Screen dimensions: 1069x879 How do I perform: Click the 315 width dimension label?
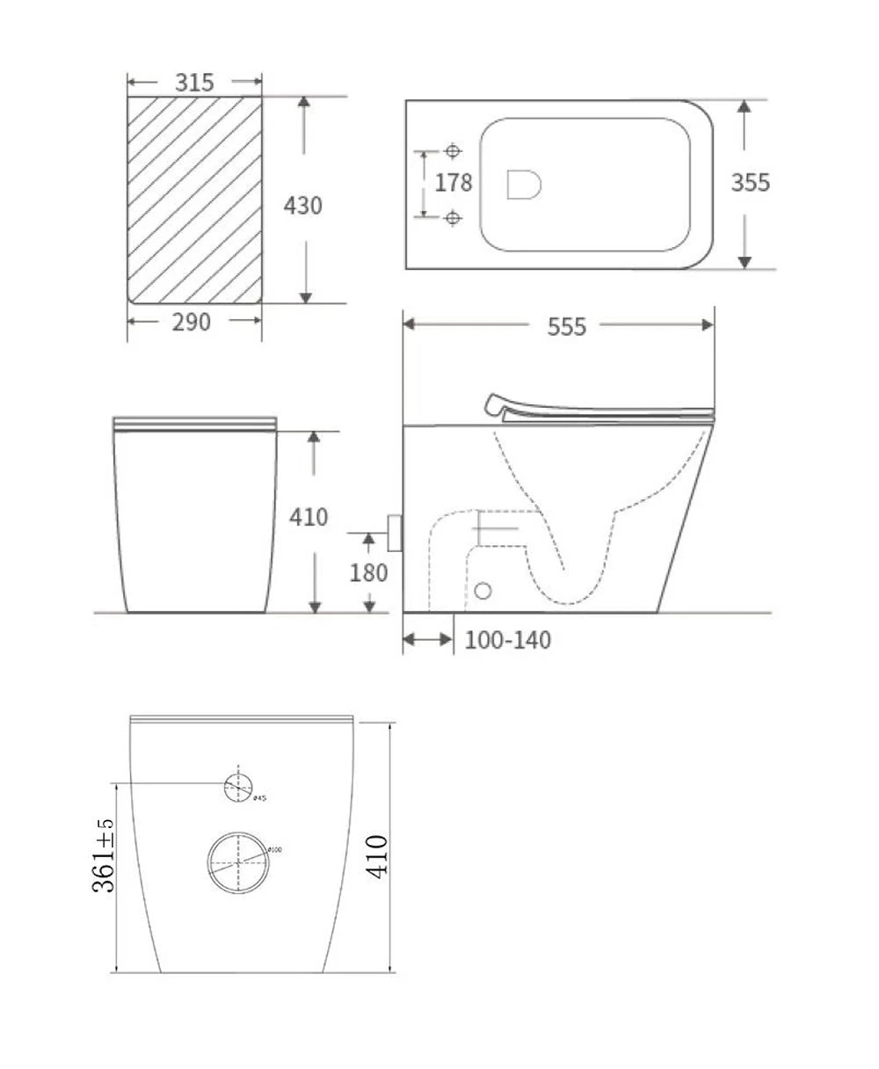coord(194,83)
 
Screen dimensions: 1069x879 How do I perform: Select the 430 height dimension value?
coord(303,205)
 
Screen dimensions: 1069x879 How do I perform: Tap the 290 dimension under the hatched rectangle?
coord(192,322)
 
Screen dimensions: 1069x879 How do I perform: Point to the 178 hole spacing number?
coord(454,183)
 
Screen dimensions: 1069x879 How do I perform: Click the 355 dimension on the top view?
coord(751,182)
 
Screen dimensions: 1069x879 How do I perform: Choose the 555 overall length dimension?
coord(566,326)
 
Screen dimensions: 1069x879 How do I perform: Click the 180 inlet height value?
coord(368,572)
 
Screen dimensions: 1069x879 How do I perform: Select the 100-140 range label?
coord(508,640)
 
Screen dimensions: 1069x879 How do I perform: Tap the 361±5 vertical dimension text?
coord(104,854)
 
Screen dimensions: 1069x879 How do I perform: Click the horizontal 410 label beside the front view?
coord(309,516)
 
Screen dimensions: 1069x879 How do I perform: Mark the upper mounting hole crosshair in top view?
coord(453,151)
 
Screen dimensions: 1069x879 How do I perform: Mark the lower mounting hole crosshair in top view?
coord(453,217)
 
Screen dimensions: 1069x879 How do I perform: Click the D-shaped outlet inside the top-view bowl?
coord(524,184)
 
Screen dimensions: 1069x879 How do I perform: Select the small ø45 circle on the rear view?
coord(238,786)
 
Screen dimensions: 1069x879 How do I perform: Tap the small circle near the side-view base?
coord(483,590)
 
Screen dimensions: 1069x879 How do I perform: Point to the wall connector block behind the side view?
coord(395,533)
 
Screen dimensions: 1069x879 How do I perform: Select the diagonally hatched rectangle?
coord(194,200)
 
